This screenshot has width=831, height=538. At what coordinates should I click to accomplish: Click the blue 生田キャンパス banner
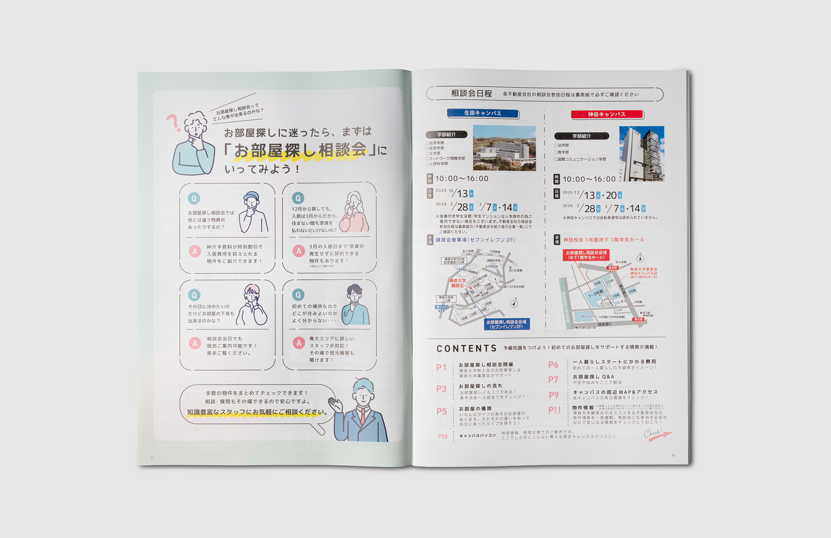coord(482,113)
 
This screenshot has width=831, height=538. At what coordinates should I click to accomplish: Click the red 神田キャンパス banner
coord(607,114)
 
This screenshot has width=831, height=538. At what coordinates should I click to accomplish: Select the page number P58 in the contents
coord(443,437)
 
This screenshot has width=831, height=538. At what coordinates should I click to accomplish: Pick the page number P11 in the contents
coord(554,410)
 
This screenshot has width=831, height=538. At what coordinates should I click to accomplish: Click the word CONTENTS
coord(466,348)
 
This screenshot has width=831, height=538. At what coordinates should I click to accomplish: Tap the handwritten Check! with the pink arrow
coord(656,434)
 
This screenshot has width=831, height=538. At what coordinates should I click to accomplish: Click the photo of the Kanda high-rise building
coord(642,153)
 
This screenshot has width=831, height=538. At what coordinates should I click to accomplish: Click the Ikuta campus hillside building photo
coord(504,148)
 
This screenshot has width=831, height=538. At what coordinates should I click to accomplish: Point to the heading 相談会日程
coord(471,94)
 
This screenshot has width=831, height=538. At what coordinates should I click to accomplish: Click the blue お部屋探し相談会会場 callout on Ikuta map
coord(506,324)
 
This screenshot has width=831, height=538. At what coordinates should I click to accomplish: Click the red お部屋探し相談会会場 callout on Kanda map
coord(586,255)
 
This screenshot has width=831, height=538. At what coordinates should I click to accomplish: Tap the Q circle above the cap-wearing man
coord(194,198)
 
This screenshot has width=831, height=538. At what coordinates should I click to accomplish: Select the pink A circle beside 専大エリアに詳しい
coord(299,343)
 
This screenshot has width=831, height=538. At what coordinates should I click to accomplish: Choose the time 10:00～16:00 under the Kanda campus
coord(589,179)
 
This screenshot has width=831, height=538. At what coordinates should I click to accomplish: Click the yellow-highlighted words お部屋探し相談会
coord(300,151)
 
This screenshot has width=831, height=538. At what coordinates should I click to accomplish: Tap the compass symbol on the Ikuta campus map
coord(514,303)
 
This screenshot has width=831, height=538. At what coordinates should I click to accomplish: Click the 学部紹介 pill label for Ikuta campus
coord(446,135)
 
